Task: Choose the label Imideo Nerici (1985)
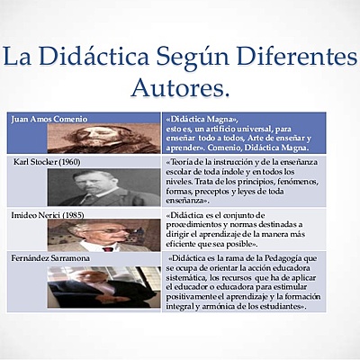click(48, 216)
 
